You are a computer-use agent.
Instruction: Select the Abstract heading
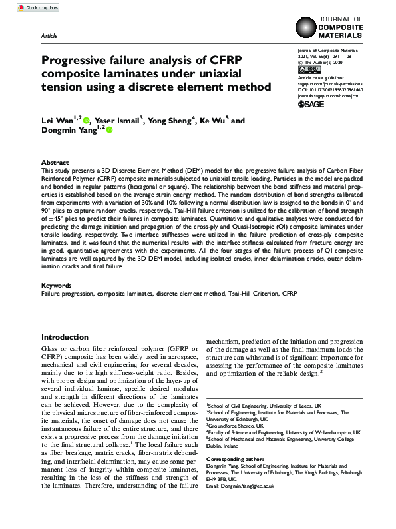[x=55, y=162]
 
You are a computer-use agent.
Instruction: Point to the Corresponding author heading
[x=241, y=460]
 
